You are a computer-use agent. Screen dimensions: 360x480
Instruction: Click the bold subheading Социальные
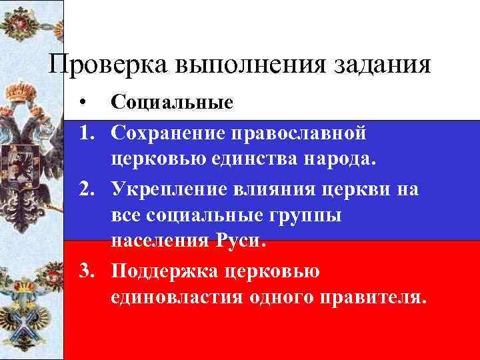click(x=172, y=103)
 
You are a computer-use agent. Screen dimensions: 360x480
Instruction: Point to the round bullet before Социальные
click(x=81, y=103)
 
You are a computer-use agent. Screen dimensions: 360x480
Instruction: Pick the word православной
click(x=299, y=133)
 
